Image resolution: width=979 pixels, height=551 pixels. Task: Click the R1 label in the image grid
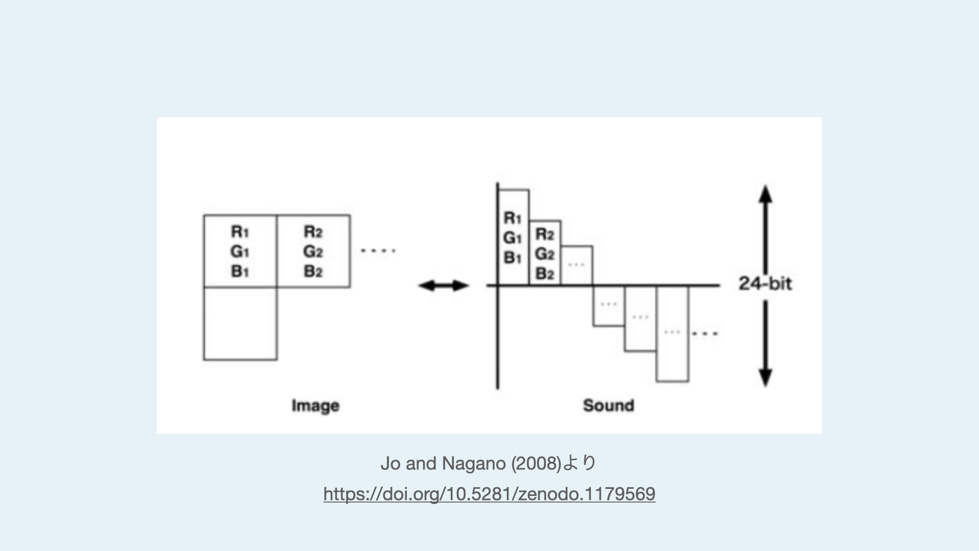point(240,232)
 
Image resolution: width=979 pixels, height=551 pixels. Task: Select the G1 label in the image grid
point(240,252)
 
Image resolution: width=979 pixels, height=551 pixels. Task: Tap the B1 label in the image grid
point(240,271)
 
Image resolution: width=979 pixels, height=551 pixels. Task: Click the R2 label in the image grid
point(313,232)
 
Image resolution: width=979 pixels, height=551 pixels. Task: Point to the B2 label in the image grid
point(313,271)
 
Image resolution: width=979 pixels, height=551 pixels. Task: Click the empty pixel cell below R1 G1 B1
point(240,324)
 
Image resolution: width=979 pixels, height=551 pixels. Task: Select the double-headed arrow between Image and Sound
point(443,286)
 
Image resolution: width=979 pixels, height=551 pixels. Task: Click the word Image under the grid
point(315,406)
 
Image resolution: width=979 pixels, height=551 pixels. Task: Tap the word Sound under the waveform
point(608,406)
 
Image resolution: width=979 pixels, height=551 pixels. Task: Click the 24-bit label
point(765,284)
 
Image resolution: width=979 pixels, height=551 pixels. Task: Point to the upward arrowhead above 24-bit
point(765,194)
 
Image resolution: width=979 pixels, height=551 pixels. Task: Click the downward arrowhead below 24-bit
point(765,378)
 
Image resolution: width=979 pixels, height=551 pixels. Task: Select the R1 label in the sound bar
point(512,218)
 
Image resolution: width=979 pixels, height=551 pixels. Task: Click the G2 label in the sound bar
point(545,254)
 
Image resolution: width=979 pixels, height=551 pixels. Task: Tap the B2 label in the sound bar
point(545,274)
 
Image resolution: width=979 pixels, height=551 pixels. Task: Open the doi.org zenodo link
point(489,494)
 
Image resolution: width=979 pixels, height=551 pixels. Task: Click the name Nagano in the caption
point(474,463)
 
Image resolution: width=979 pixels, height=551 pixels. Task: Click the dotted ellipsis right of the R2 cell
point(378,251)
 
